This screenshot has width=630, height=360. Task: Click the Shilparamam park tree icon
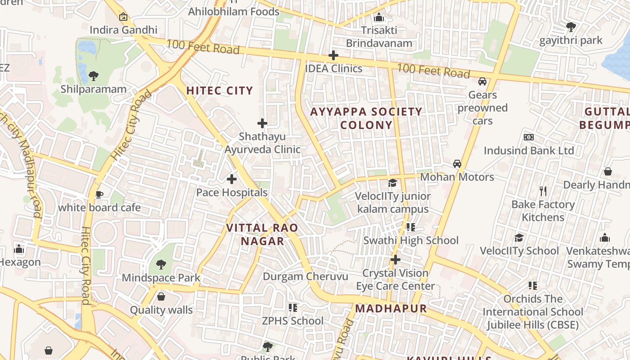94,76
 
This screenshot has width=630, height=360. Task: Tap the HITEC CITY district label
220,90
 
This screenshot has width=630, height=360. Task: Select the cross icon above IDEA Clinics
333,55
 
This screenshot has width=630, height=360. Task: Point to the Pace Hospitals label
232,193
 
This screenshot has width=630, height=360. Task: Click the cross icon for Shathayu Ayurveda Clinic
262,123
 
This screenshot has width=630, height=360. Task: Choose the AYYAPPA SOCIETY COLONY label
366,118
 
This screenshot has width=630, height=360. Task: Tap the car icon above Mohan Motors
457,164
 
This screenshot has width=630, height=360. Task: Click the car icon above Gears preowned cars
482,81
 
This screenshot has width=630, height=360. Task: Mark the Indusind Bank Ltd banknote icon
529,137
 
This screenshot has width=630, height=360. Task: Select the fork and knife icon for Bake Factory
543,191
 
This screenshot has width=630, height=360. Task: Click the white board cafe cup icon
99,194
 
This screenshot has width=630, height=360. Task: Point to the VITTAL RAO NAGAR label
262,234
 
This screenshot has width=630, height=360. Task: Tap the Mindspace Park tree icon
161,265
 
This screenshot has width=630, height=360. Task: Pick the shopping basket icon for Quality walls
161,297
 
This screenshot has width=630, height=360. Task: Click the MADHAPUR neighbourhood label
391,309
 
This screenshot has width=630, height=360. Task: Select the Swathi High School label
411,241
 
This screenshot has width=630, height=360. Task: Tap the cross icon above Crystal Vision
396,260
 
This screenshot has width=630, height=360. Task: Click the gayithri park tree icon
571,27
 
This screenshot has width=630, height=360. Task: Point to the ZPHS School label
293,321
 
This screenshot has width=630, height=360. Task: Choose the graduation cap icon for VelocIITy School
519,238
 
